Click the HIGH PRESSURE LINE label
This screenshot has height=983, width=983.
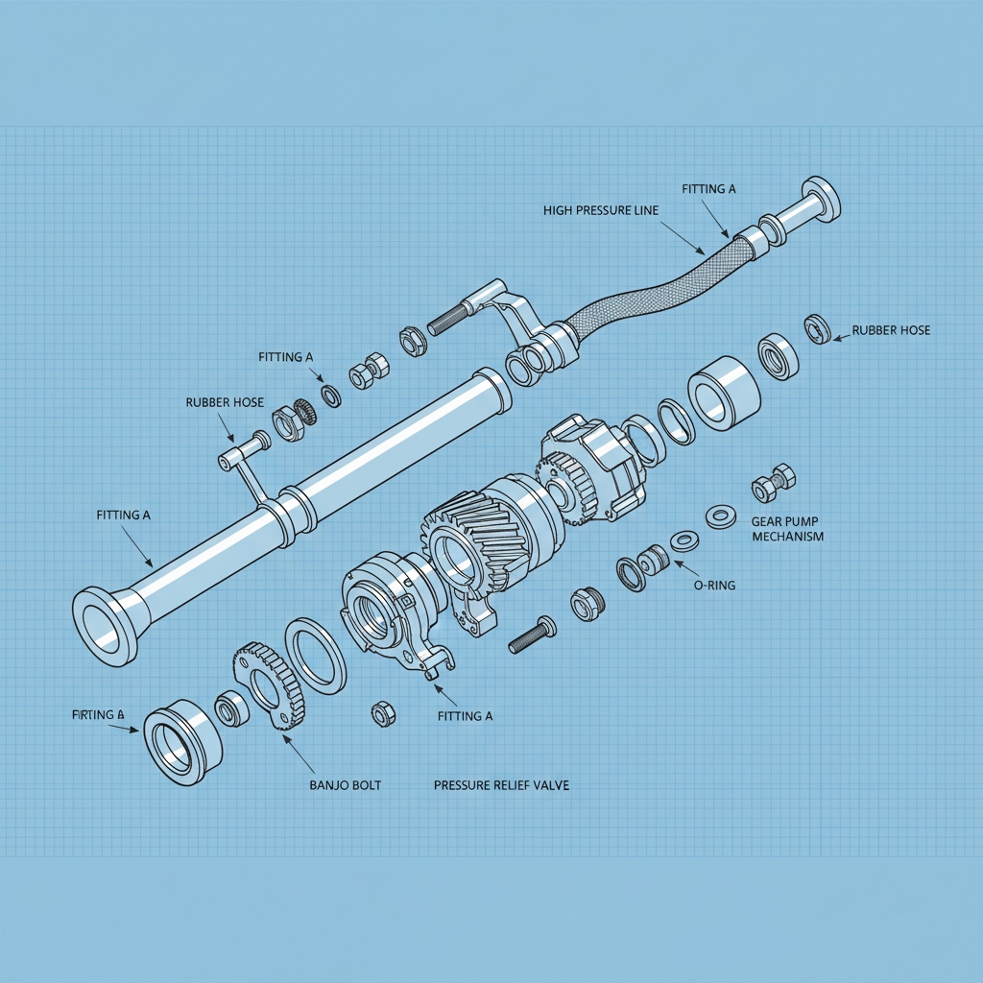(601, 210)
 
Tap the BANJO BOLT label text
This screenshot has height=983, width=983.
(345, 785)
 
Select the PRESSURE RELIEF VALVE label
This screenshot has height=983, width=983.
(501, 785)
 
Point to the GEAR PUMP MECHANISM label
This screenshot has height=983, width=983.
(787, 529)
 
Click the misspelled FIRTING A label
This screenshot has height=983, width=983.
(99, 715)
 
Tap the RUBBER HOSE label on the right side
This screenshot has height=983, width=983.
(891, 330)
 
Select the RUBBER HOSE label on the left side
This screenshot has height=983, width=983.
(225, 402)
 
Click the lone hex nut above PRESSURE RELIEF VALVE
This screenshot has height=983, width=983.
(379, 713)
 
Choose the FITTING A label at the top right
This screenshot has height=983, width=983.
(708, 189)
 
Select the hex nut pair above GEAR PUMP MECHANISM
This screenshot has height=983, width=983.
(774, 483)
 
